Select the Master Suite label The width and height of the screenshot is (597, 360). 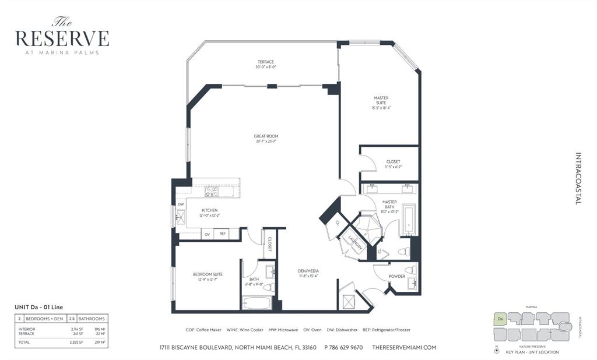(x=381, y=100)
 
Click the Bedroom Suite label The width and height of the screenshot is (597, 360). (x=208, y=274)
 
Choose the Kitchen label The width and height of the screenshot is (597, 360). (x=209, y=210)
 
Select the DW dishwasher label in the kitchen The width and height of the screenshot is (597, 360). (x=181, y=204)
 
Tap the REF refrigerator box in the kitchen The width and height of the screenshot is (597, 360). (x=222, y=234)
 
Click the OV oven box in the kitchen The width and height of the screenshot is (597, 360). (x=207, y=234)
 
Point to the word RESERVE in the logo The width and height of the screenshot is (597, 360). (x=62, y=38)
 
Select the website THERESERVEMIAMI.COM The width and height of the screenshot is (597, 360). (x=403, y=347)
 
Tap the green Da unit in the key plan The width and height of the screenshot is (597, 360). (x=499, y=319)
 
